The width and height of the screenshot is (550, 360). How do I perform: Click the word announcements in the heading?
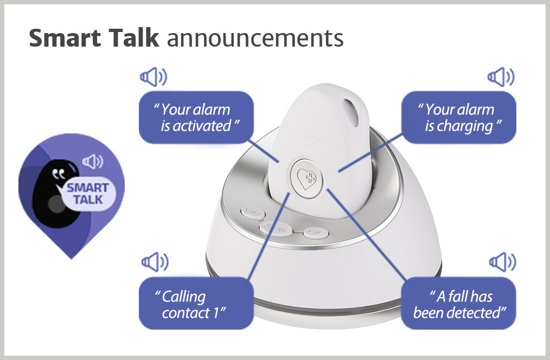tap(255, 38)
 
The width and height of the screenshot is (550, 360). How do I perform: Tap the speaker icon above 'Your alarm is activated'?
tap(154, 77)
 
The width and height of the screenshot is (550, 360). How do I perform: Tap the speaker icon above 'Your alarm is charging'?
tap(501, 77)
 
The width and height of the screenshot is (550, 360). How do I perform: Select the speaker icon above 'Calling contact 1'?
tap(155, 262)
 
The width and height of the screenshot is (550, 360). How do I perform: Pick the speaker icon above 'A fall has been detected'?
tap(503, 262)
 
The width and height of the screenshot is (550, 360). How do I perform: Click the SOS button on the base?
tap(276, 229)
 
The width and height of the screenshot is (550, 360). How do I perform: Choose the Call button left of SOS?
tap(253, 213)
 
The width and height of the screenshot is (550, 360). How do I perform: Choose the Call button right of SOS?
tap(316, 233)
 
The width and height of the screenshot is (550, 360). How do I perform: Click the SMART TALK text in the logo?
tap(88, 194)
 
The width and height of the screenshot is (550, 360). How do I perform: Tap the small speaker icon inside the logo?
tap(93, 162)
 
